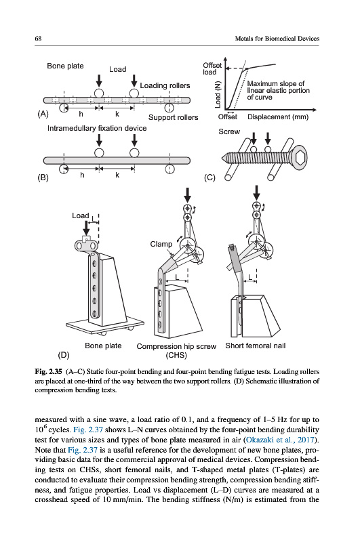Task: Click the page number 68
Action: pyautogui.click(x=38, y=39)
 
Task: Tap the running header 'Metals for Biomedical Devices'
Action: pyautogui.click(x=277, y=39)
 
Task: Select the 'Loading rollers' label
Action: pyautogui.click(x=165, y=85)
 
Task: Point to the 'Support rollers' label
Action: pyautogui.click(x=174, y=117)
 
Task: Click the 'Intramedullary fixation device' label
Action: pyautogui.click(x=97, y=128)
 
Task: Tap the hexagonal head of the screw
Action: pyautogui.click(x=300, y=158)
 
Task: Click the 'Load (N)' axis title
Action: pyautogui.click(x=217, y=94)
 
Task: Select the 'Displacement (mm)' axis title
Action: pyautogui.click(x=278, y=117)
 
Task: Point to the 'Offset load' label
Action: pyautogui.click(x=212, y=68)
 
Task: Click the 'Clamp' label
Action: pyautogui.click(x=161, y=244)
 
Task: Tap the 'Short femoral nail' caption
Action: pyautogui.click(x=256, y=346)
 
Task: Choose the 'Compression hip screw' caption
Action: pyautogui.click(x=176, y=346)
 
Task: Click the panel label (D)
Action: pyautogui.click(x=64, y=355)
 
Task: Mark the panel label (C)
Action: pyautogui.click(x=209, y=178)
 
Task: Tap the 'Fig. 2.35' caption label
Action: pyautogui.click(x=48, y=372)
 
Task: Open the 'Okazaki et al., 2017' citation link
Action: pyautogui.click(x=280, y=440)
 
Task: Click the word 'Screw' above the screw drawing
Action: pyautogui.click(x=229, y=131)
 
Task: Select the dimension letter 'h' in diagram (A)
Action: pyautogui.click(x=81, y=114)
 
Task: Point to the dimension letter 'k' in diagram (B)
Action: pyautogui.click(x=117, y=175)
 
